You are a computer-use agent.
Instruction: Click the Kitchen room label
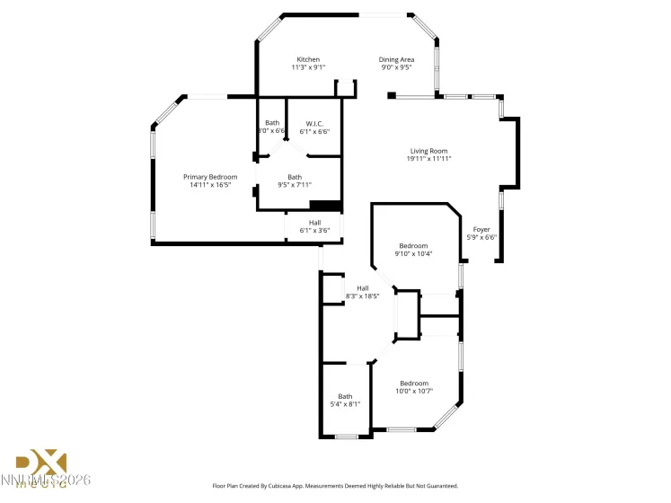point(308,59)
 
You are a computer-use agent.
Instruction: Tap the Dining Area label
point(396,59)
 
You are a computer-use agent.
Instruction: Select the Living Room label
point(428,151)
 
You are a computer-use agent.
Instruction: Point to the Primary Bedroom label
point(210,177)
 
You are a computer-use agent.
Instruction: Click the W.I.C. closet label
point(314,123)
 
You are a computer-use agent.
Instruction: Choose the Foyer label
point(481,229)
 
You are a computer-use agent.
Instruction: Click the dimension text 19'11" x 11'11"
point(428,159)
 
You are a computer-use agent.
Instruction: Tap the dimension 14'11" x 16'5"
point(210,185)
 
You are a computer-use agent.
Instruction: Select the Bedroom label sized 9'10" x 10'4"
point(414,245)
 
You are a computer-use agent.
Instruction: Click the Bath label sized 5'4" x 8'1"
point(346,396)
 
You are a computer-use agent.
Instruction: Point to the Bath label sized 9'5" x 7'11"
point(295,177)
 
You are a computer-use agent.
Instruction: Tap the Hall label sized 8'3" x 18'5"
point(362,288)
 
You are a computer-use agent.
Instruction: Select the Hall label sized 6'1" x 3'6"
point(314,222)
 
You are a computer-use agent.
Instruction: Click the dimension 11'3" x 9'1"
point(308,67)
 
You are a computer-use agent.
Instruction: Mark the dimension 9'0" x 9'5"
point(396,67)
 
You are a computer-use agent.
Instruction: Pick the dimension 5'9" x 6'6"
point(481,237)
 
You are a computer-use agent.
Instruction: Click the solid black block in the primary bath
point(325,206)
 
